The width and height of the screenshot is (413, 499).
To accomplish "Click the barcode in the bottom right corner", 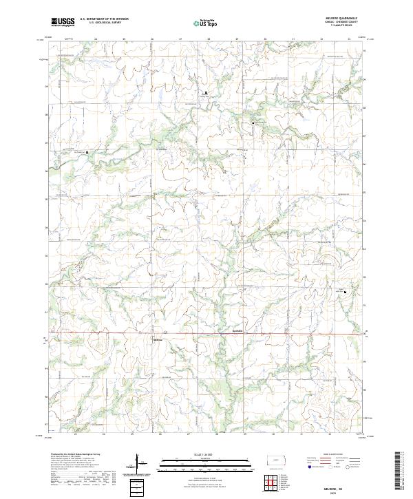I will point(399,475).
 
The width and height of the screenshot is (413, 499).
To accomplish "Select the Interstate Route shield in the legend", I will point(304,465).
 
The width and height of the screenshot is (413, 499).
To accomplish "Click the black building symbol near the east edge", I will point(346,291).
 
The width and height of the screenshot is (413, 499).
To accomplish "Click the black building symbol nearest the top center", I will point(204,92).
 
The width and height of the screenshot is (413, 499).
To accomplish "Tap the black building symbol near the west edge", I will point(76,152).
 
